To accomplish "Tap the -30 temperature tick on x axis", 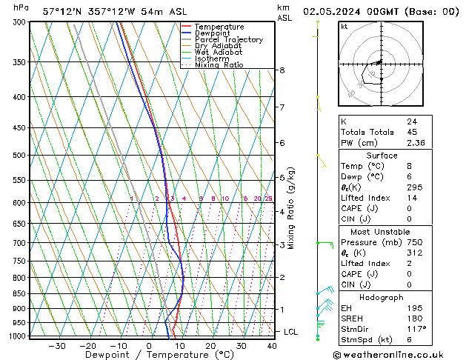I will click(57, 346).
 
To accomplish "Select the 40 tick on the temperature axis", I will click(273, 346).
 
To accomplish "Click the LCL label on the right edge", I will click(290, 332).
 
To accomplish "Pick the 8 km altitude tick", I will click(282, 70).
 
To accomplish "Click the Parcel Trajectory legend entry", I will click(228, 39).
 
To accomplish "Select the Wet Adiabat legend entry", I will click(219, 52).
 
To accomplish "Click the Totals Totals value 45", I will click(412, 133).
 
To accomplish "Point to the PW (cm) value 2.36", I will click(415, 144).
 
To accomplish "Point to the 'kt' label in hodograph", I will click(344, 27).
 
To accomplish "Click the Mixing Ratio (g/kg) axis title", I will click(290, 208).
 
